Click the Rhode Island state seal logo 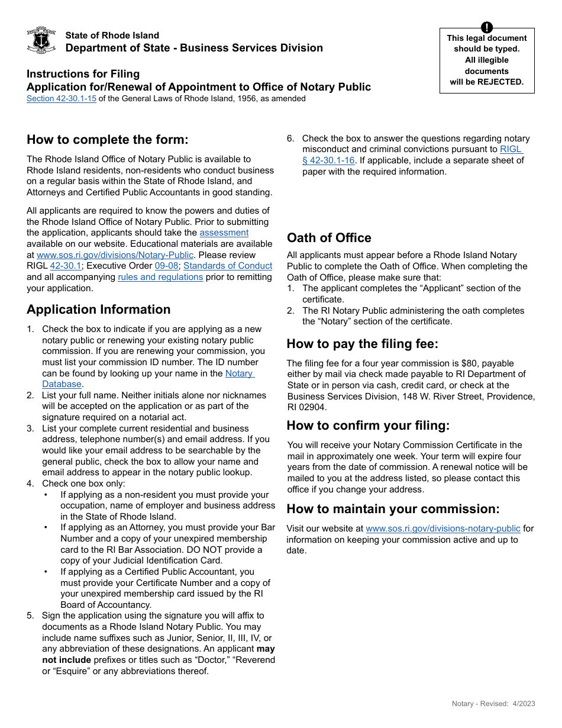(41, 40)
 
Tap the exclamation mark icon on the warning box (486, 27)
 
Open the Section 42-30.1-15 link (62, 99)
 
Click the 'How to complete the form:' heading (107, 140)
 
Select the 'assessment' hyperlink (224, 233)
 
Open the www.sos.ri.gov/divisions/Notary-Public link (115, 255)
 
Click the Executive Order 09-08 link (166, 266)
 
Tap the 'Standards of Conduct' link (228, 266)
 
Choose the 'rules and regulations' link (160, 277)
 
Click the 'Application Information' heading (98, 310)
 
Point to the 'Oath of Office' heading (329, 238)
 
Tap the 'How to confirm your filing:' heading (368, 426)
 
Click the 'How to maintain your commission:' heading (393, 509)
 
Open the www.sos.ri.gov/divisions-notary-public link (443, 529)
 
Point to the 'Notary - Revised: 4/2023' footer (493, 704)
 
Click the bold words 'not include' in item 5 (66, 660)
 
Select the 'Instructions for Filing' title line (83, 74)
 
